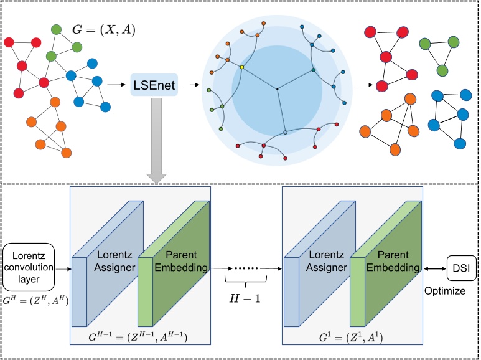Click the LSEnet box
point(154,84)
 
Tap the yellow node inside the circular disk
point(241,66)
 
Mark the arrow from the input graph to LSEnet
point(114,84)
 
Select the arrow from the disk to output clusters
point(361,84)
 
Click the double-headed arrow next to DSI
point(436,268)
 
